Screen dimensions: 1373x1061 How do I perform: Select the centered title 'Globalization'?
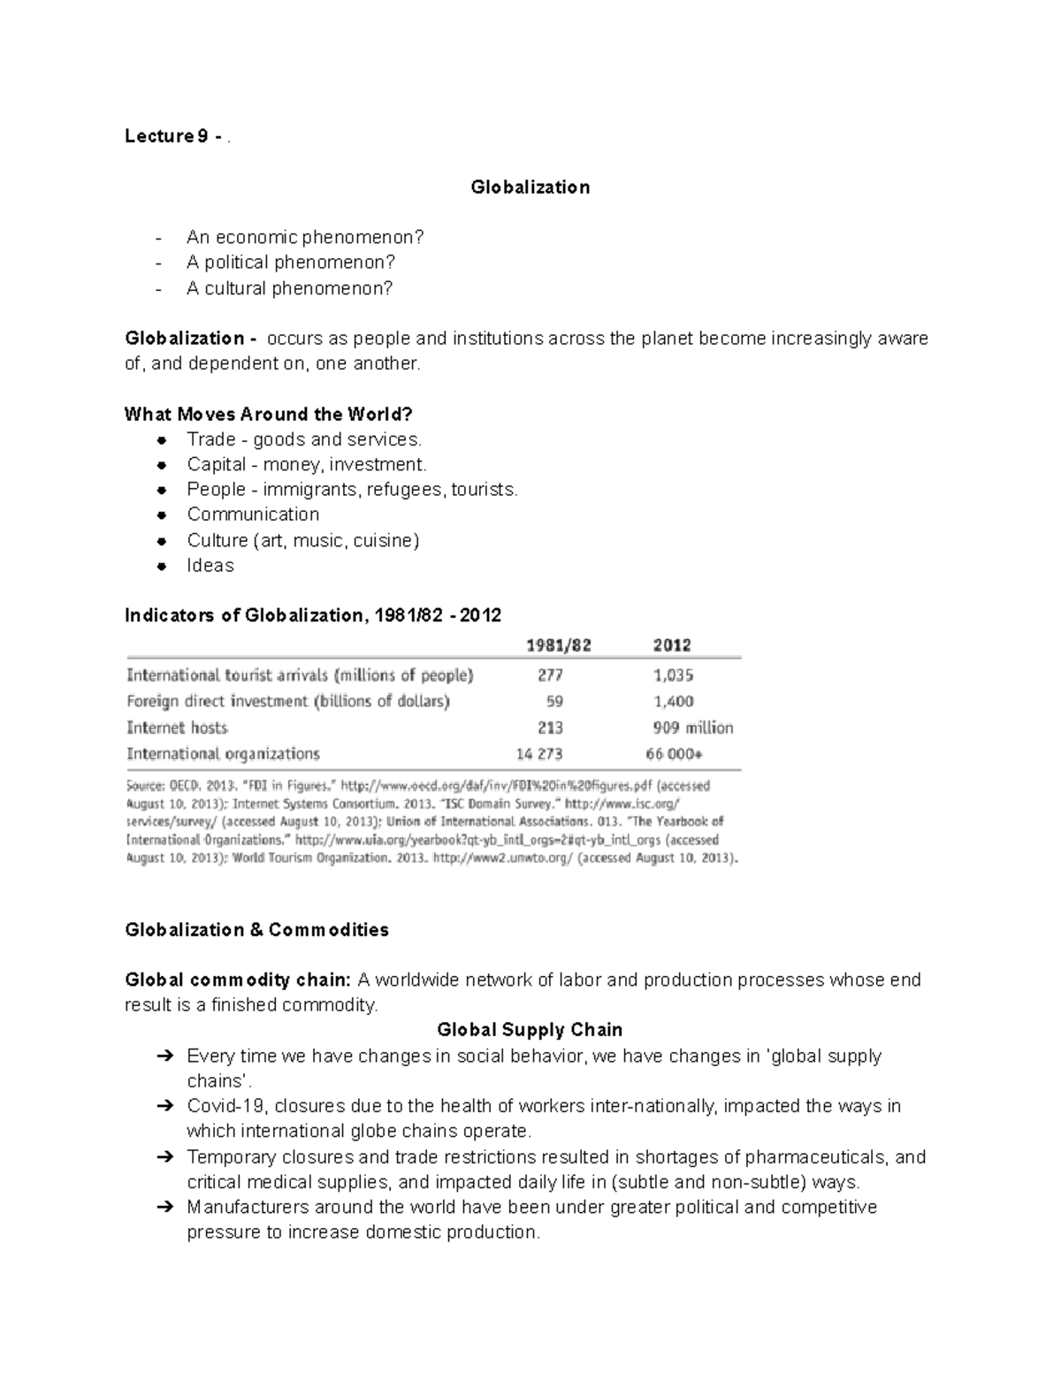tap(530, 187)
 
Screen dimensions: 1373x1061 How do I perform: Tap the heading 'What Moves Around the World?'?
tap(269, 414)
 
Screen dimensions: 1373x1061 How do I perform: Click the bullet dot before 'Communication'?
tap(162, 515)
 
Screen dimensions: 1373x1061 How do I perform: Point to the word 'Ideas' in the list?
tap(210, 566)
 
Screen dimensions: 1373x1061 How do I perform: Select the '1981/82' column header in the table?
tap(559, 645)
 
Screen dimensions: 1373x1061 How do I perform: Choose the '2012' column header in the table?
tap(672, 645)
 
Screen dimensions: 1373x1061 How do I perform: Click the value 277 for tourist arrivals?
tap(550, 675)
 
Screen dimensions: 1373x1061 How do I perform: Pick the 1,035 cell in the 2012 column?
tap(673, 675)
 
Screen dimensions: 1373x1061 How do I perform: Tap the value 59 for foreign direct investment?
tap(554, 702)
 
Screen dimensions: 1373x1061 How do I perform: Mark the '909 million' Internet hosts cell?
tap(692, 728)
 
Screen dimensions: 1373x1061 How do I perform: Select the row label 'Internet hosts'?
tap(177, 728)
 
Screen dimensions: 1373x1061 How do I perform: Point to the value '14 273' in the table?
tap(539, 754)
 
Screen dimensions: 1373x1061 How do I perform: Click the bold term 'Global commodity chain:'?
tap(238, 980)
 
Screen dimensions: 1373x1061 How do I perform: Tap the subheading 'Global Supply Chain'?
tap(530, 1030)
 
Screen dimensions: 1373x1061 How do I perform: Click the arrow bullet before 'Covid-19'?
tap(164, 1106)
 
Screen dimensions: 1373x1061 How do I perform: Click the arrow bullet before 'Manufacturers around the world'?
tap(164, 1208)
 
